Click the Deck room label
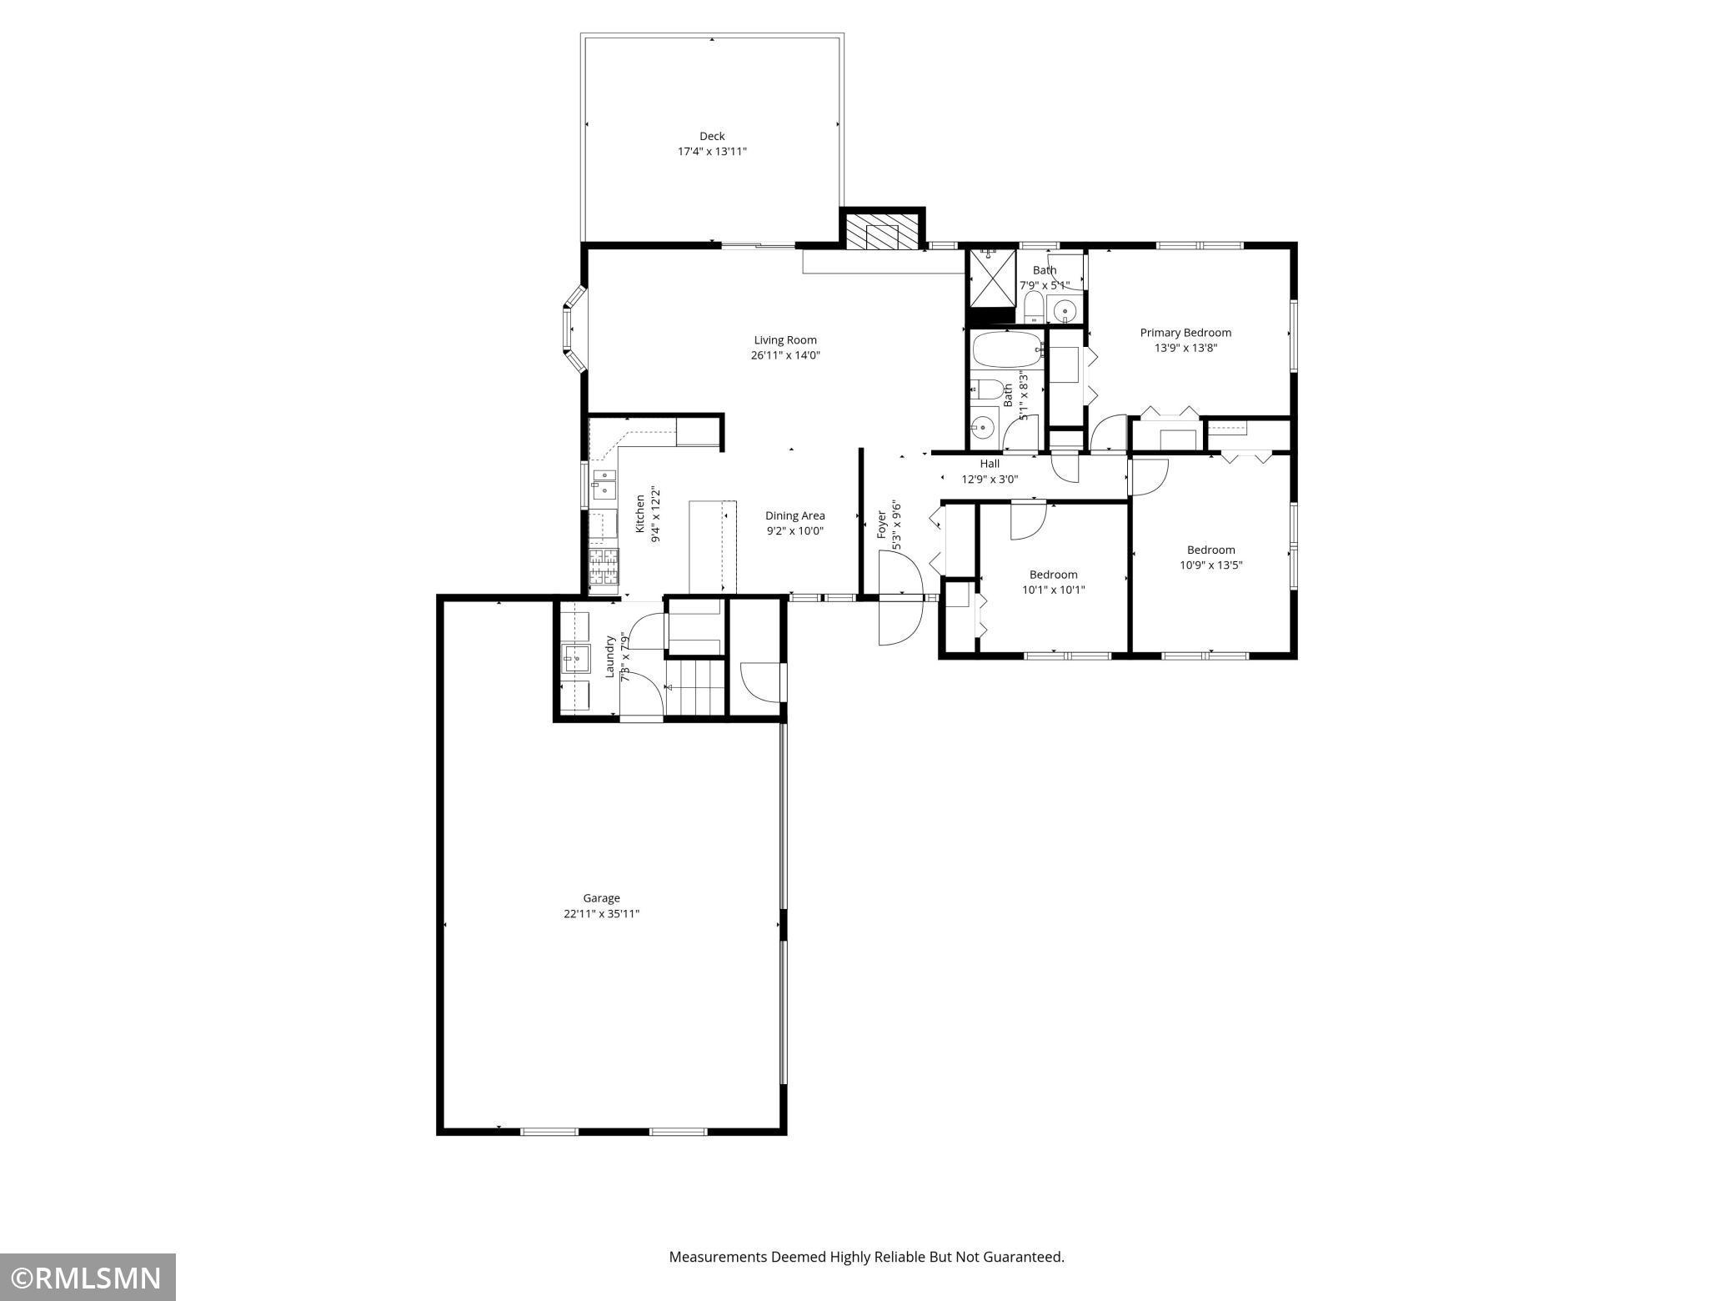coord(711,136)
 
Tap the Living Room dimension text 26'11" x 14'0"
coord(784,355)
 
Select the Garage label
coord(601,898)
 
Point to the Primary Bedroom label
coord(1185,333)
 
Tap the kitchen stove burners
coord(602,568)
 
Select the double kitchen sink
coord(604,484)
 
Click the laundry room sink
coord(574,657)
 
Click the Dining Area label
coord(794,515)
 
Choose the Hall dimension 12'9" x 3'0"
coord(990,480)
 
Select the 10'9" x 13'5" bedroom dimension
coord(1210,565)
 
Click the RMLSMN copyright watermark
coord(88,1277)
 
